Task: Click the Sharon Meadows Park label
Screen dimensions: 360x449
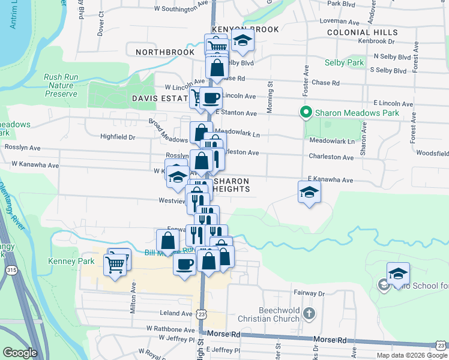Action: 358,112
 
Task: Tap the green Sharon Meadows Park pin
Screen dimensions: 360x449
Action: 306,112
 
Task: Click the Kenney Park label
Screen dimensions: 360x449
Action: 77,261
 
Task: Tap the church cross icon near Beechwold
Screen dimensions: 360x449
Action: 309,313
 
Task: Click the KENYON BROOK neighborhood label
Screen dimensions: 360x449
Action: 242,29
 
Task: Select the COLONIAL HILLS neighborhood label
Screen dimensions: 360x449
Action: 363,32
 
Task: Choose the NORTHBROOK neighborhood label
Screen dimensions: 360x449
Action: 165,52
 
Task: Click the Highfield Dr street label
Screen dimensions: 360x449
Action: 118,137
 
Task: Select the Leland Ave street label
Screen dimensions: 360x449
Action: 175,313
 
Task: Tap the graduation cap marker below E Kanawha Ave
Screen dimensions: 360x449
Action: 309,192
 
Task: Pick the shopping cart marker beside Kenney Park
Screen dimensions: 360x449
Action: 114,264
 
